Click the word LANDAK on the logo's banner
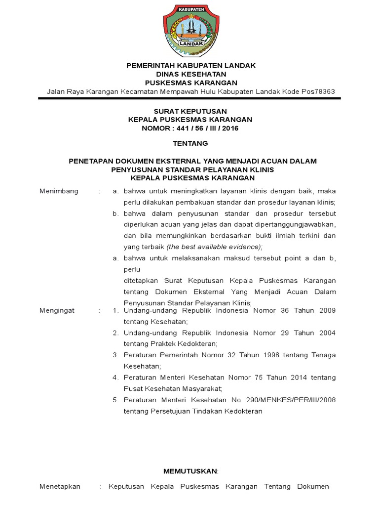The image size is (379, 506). tap(189, 43)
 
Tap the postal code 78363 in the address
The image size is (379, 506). tap(325, 91)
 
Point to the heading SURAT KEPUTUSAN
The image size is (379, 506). tap(190, 111)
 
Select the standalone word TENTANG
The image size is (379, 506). tap(190, 144)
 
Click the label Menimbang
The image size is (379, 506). tap(59, 191)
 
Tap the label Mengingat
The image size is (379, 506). tap(57, 310)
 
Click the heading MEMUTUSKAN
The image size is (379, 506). tap(190, 471)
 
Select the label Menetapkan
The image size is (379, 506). tap(60, 487)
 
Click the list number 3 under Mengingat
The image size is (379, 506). tap(115, 355)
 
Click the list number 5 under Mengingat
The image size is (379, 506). tap(115, 400)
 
